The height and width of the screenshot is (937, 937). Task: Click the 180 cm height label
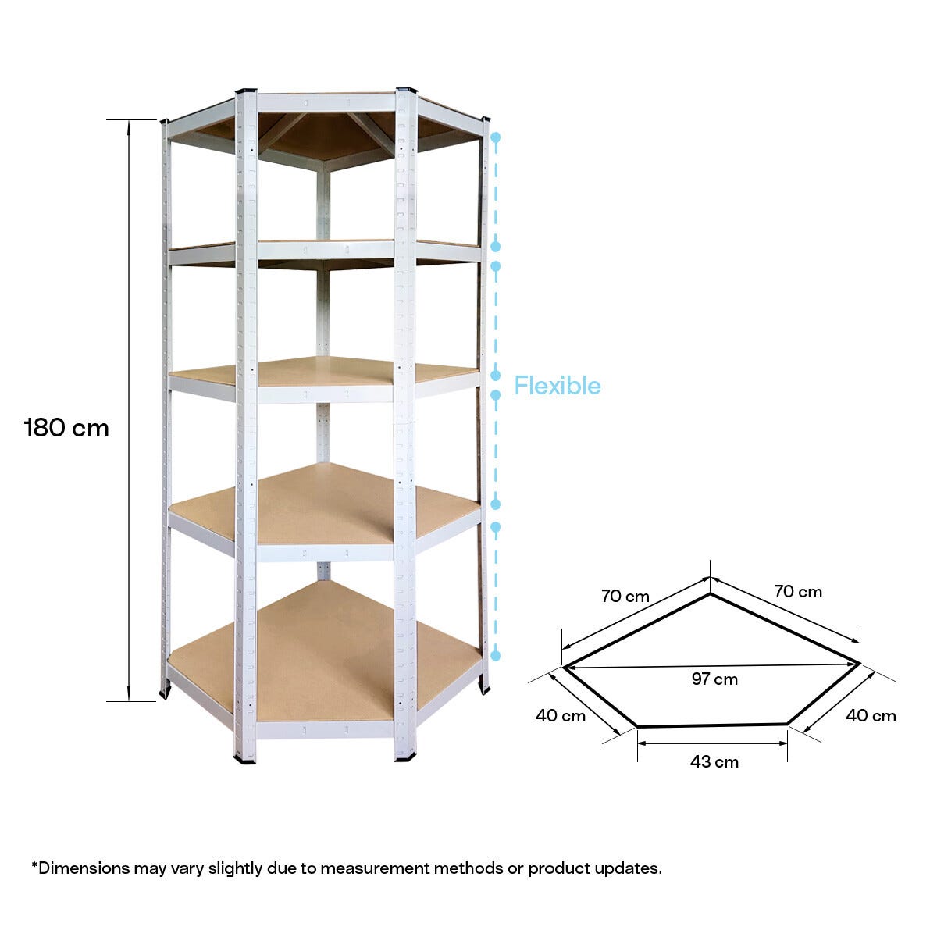coord(67,428)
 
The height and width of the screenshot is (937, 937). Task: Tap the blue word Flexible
coord(557,386)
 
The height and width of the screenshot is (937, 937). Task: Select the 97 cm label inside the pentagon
coord(714,679)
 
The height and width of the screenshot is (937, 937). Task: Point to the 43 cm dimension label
coord(714,762)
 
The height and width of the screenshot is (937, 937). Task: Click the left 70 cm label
coord(625,597)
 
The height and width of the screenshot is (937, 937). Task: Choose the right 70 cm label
coord(798,592)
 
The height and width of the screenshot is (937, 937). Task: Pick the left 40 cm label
coord(561,716)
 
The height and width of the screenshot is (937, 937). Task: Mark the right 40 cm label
coord(871,716)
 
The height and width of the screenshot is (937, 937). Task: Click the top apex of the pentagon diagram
coord(711,595)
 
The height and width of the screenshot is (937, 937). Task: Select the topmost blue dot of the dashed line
coord(495,137)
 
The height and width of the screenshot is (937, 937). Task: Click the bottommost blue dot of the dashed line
coord(495,656)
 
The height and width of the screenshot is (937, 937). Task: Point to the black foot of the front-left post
coord(244,757)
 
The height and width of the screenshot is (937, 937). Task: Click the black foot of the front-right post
coord(405,756)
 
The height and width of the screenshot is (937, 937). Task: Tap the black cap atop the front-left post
coord(246,92)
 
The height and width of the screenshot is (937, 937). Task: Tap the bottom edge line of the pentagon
coord(712,725)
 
